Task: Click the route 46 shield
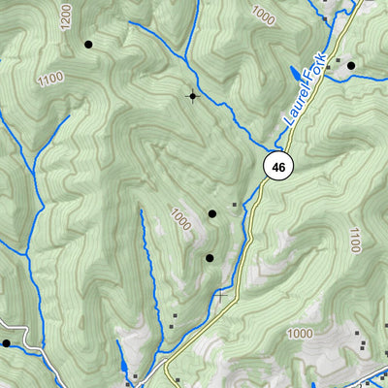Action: tap(278, 167)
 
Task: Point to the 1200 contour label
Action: tap(66, 16)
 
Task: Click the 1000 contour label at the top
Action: tap(262, 13)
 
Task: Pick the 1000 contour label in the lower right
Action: tap(300, 334)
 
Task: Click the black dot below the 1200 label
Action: tap(88, 44)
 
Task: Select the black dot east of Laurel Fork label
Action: tap(351, 66)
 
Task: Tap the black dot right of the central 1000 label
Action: tap(211, 213)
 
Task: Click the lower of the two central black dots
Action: tap(209, 257)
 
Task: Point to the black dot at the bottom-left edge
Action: tap(6, 342)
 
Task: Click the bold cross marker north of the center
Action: tap(192, 95)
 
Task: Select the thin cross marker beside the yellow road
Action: tap(222, 295)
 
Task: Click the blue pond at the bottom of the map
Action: tap(123, 367)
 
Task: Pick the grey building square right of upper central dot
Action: tap(234, 205)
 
